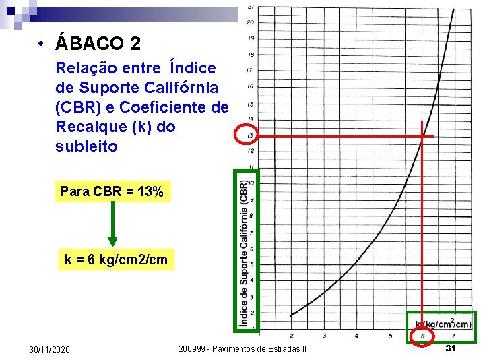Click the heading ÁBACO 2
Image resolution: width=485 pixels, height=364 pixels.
(98, 44)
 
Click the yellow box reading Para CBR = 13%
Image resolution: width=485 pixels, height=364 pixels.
(112, 192)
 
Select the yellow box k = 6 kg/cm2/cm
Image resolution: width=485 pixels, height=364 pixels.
(116, 260)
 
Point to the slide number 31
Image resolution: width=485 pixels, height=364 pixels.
(451, 348)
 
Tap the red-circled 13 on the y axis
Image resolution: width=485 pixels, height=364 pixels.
(247, 137)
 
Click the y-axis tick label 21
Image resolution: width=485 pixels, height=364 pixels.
(251, 7)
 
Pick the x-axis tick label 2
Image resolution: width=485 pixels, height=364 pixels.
(292, 335)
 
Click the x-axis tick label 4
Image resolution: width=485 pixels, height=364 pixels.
(357, 335)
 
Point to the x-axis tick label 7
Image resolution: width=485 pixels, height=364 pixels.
(453, 335)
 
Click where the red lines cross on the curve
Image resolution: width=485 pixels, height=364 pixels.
(422, 137)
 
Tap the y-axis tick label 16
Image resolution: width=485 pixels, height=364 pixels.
(251, 86)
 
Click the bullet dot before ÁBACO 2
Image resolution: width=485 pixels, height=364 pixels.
(42, 45)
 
